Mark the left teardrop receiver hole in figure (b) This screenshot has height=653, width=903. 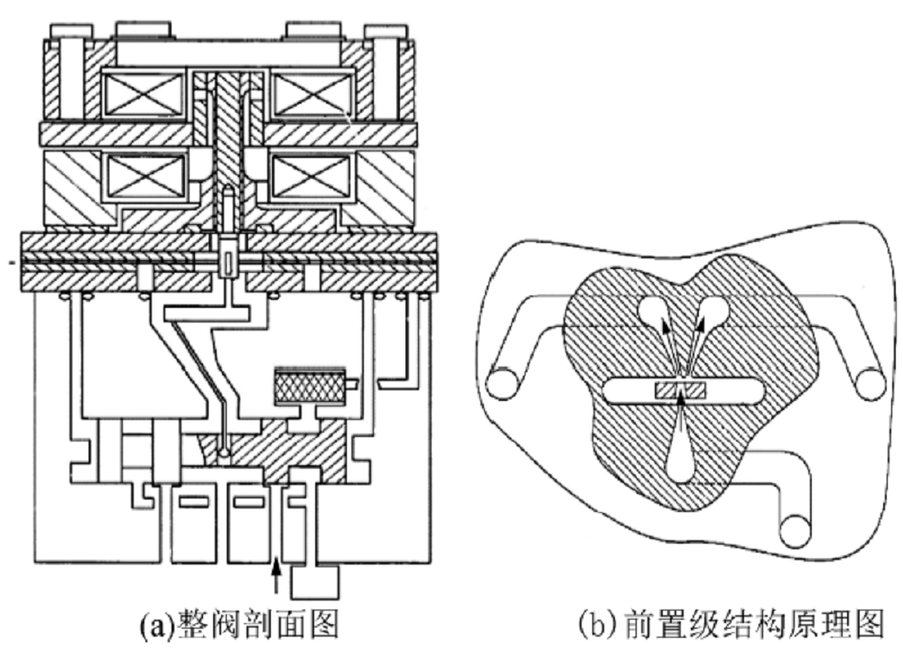[653, 313]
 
